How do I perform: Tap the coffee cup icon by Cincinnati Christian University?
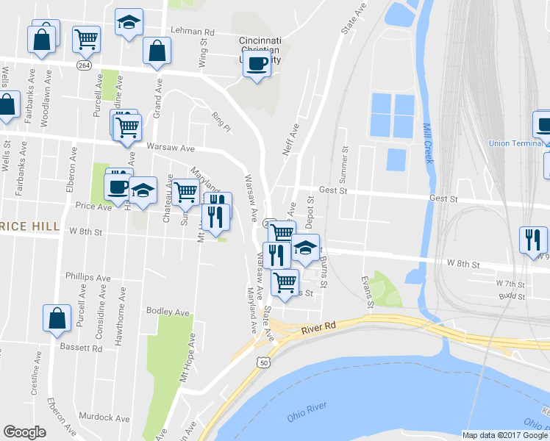pyautogui.click(x=257, y=64)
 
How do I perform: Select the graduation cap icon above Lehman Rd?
pyautogui.click(x=129, y=24)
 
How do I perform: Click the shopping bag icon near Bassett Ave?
pyautogui.click(x=57, y=319)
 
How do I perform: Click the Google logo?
pyautogui.click(x=24, y=432)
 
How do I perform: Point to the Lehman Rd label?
pyautogui.click(x=192, y=32)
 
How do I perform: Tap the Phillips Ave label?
pyautogui.click(x=87, y=279)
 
